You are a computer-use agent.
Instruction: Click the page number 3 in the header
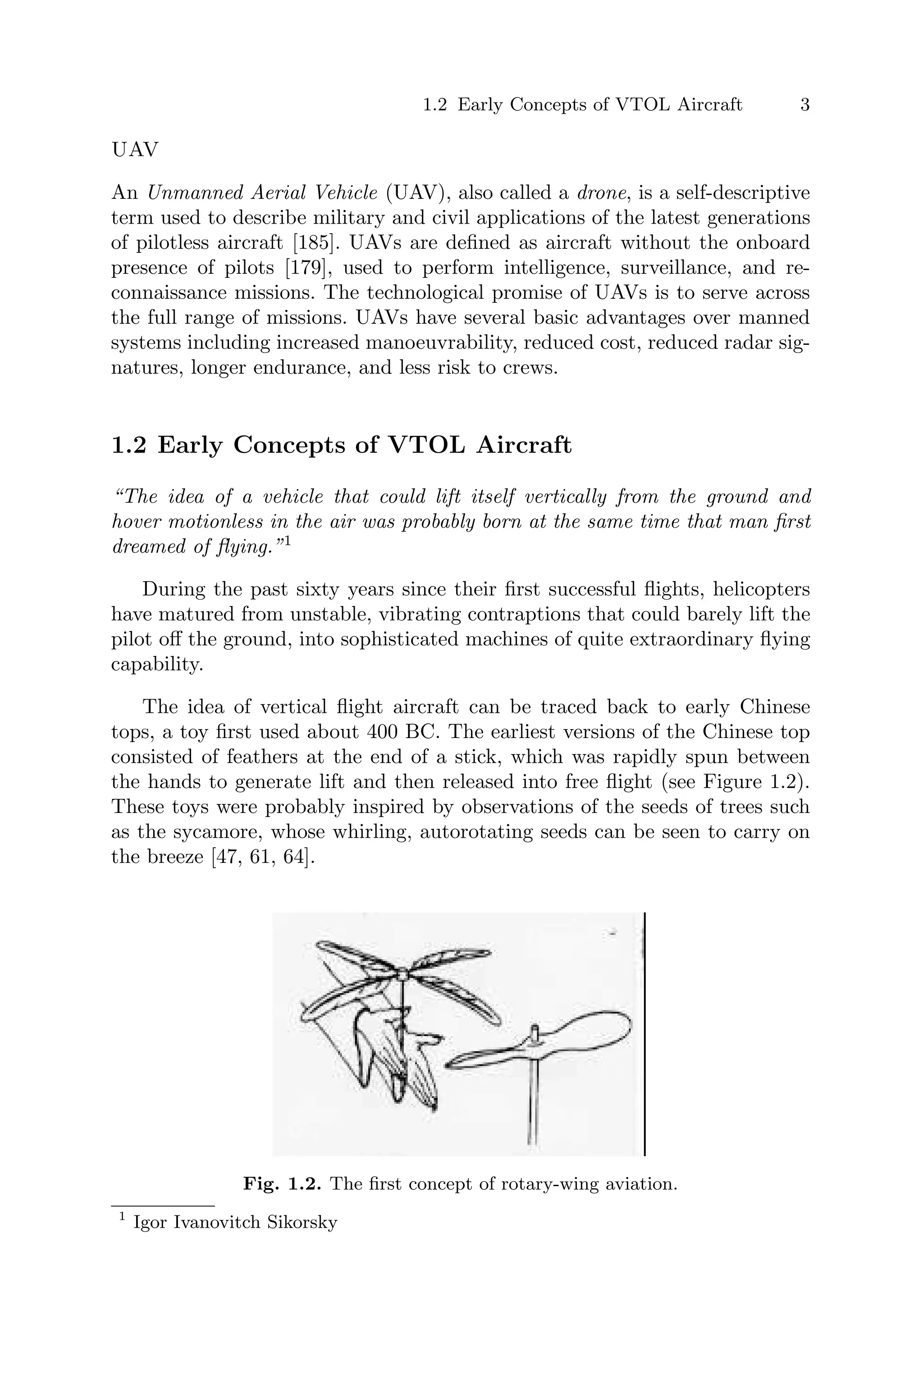point(804,105)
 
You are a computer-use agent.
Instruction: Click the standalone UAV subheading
point(135,150)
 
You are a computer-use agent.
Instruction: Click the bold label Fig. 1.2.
point(282,1184)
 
